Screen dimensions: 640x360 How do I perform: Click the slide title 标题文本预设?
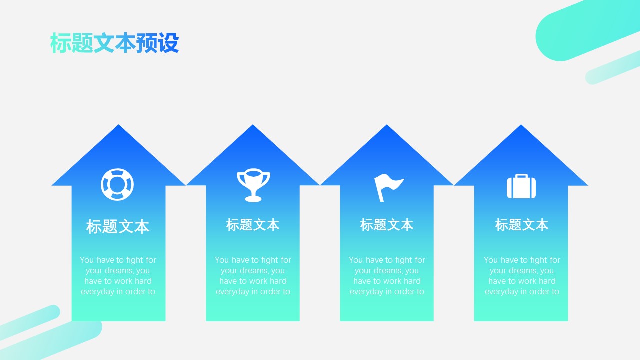coord(115,43)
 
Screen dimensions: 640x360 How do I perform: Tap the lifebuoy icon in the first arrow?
coord(117,176)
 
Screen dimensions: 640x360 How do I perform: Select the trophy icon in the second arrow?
coord(253,185)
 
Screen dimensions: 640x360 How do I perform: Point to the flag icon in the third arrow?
coord(389,187)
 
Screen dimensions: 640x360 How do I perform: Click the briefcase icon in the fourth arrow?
coord(521,186)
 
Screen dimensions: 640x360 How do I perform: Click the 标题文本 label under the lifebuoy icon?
coord(118,227)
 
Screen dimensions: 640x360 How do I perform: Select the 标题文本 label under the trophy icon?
coord(253,225)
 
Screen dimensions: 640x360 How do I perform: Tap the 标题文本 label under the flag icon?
coord(387,225)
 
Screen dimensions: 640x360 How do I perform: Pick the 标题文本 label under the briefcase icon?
coord(521,225)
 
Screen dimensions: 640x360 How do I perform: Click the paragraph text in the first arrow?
coord(118,275)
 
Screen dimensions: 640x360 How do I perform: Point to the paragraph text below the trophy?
coord(253,275)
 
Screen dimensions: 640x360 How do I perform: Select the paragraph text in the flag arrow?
coord(387,275)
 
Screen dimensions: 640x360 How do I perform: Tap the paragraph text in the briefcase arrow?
coord(521,275)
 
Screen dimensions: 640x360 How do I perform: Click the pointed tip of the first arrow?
coord(119,125)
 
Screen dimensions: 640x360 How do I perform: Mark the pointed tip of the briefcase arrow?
coord(521,125)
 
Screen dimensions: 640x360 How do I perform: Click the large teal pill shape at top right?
coord(585,31)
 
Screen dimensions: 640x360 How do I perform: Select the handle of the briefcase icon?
coord(521,176)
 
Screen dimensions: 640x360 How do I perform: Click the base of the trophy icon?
coord(253,199)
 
